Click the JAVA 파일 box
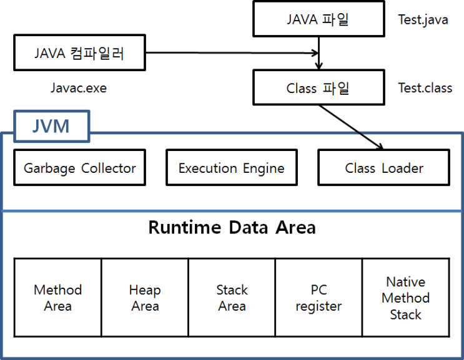(x=318, y=19)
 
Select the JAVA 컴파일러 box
(x=79, y=53)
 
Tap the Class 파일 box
(x=318, y=87)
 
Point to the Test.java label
(x=423, y=19)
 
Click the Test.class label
(x=425, y=88)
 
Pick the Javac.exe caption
(x=79, y=88)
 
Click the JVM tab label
(x=51, y=127)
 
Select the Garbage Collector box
(x=79, y=168)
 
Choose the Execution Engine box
(x=231, y=168)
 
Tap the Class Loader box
(x=383, y=168)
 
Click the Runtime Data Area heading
(x=232, y=228)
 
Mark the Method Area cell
(x=58, y=298)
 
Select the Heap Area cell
(x=145, y=298)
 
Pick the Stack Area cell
(x=232, y=298)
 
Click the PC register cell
(x=318, y=298)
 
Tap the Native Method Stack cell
(x=405, y=298)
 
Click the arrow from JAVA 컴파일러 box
(x=231, y=53)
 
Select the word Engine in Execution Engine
(x=262, y=168)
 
